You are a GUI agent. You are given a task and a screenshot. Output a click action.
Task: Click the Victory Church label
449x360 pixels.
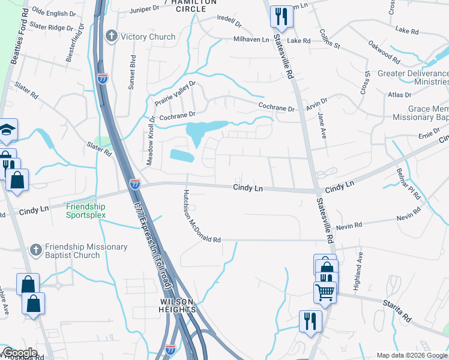click(x=148, y=37)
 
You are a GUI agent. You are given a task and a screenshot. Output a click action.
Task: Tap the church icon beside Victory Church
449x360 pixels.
click(x=111, y=37)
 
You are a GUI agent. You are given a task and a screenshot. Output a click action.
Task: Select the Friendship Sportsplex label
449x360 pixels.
click(x=86, y=211)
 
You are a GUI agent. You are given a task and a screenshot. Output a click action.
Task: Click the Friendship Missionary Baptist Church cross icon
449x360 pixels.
click(x=35, y=248)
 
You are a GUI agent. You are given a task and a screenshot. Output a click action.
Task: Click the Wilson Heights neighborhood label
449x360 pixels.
click(x=178, y=305)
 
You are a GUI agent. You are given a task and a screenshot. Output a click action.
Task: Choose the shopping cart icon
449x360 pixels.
click(x=324, y=292)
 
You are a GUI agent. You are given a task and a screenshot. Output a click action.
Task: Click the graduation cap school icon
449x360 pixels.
click(x=8, y=130)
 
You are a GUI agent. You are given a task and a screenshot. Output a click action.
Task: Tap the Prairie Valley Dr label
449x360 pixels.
click(x=175, y=92)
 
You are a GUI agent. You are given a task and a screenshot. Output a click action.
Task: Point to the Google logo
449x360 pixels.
click(x=19, y=353)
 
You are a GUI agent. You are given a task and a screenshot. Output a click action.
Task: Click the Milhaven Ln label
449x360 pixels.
click(x=252, y=40)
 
